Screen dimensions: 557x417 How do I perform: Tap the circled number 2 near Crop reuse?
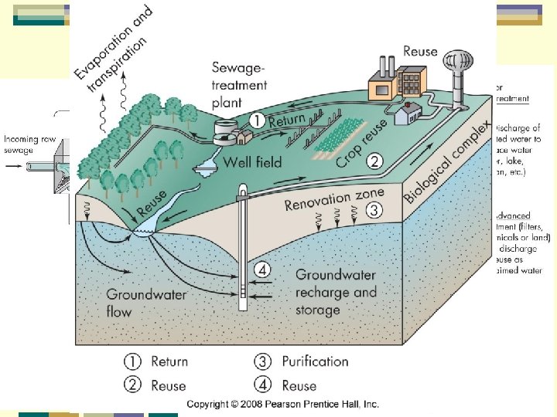click(375, 161)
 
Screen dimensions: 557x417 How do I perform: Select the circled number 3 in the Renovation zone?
click(374, 209)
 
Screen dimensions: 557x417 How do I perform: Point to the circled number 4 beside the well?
click(264, 270)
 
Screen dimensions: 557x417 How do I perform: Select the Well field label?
click(252, 162)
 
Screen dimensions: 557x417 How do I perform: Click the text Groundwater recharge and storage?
click(336, 292)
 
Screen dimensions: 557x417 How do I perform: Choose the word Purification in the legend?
click(315, 361)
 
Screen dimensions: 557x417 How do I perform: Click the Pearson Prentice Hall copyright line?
click(282, 404)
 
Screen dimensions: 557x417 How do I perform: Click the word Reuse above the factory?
click(420, 52)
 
